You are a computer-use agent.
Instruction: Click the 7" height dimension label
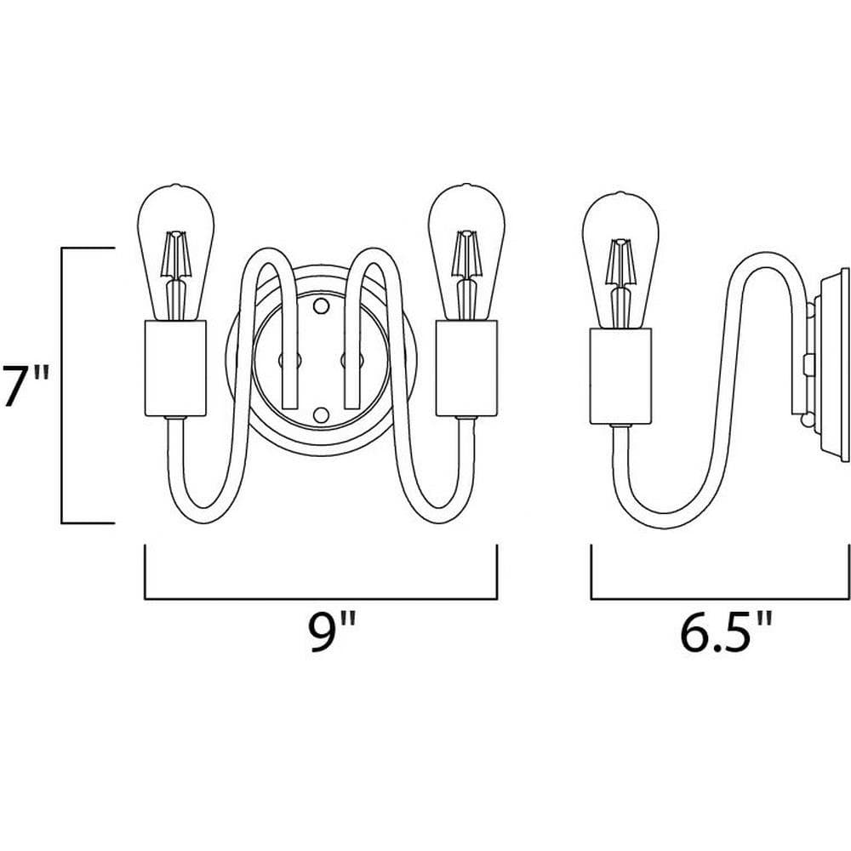tap(26, 386)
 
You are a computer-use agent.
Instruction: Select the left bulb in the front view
tap(176, 253)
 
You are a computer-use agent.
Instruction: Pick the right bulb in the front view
tap(466, 253)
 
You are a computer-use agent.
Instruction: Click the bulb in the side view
tap(620, 260)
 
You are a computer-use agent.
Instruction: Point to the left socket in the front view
tap(175, 368)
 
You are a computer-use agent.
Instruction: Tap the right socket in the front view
tap(466, 368)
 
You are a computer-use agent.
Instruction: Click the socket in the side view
tap(621, 377)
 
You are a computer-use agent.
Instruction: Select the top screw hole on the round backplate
tap(322, 306)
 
